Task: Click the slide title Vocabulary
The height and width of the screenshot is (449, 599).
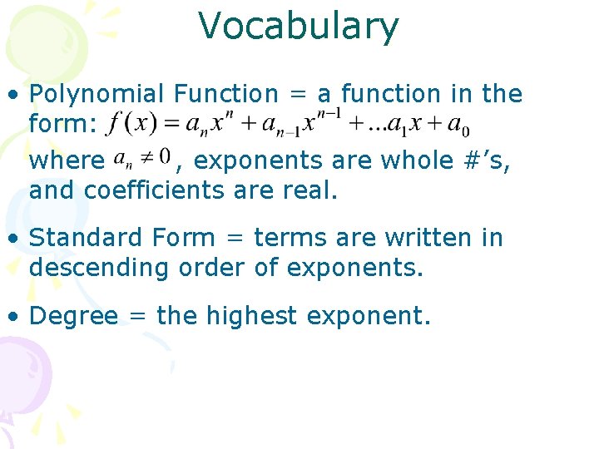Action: [299, 27]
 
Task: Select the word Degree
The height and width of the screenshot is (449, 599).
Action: [73, 317]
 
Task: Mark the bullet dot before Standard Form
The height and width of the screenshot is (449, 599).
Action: [15, 239]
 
